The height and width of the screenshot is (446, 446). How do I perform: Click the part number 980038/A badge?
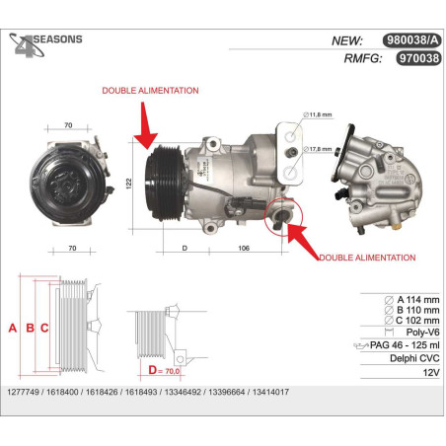click(411, 40)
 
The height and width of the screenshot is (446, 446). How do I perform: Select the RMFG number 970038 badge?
click(418, 58)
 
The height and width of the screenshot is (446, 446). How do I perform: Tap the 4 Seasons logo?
click(45, 45)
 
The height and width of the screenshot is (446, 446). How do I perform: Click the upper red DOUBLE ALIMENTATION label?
click(150, 91)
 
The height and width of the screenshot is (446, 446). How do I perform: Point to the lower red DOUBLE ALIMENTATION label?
click(367, 258)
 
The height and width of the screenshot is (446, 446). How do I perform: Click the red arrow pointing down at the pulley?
click(145, 125)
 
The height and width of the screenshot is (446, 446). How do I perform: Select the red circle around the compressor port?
click(283, 216)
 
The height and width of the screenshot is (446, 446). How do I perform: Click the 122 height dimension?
click(129, 184)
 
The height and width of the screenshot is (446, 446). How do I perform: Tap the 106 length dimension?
click(244, 248)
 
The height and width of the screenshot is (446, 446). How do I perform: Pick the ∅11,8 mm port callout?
click(318, 114)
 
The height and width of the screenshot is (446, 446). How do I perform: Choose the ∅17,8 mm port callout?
click(318, 149)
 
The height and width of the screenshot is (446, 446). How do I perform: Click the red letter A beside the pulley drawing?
click(13, 328)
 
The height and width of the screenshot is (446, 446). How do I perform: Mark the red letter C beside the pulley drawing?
click(44, 328)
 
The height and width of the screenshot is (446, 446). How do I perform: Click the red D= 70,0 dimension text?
click(164, 370)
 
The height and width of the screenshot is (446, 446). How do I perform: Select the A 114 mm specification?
click(411, 300)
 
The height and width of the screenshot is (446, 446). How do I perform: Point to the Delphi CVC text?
click(414, 358)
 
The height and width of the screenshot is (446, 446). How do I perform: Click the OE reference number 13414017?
click(270, 392)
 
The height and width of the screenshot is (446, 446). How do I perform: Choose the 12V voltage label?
click(431, 373)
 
